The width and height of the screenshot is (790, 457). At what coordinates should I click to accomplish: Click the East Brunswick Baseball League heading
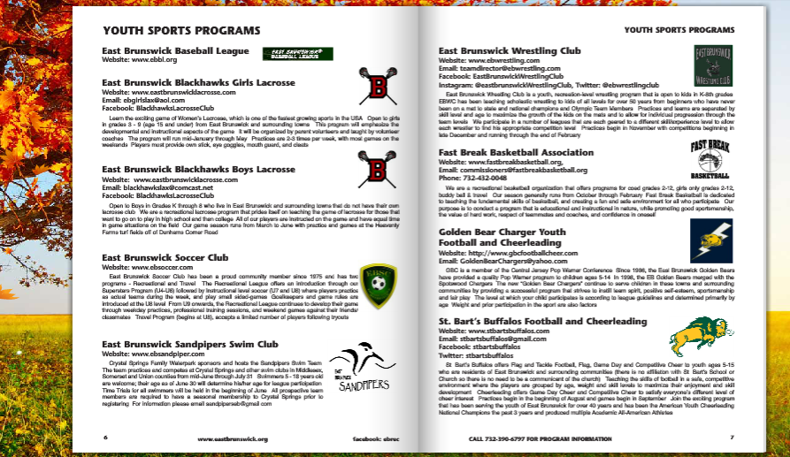(176, 51)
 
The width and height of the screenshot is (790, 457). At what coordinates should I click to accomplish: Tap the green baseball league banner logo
(298, 54)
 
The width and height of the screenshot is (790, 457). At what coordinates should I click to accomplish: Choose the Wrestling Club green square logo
(712, 65)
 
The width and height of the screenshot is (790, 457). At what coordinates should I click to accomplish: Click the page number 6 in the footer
(105, 438)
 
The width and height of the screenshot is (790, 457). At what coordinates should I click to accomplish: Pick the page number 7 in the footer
(732, 438)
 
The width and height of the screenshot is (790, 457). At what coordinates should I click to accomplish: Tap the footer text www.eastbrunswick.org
(233, 438)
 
